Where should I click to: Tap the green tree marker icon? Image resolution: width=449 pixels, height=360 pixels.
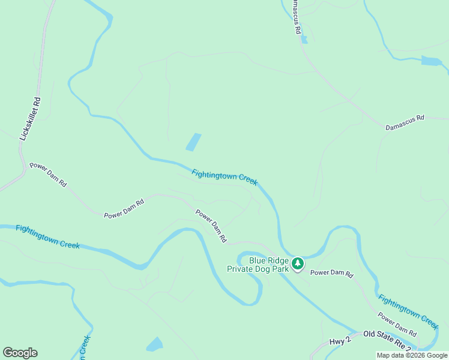[298, 263]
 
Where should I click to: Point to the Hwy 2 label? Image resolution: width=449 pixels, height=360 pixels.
[340, 341]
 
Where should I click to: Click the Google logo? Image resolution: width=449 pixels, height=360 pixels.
[20, 353]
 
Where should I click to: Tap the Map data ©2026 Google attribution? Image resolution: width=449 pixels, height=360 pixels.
[412, 355]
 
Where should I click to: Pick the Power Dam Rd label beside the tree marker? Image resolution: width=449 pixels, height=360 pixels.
[332, 273]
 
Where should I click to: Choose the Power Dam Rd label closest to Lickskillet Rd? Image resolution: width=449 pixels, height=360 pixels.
[48, 174]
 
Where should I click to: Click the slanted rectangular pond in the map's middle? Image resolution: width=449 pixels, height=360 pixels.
[193, 142]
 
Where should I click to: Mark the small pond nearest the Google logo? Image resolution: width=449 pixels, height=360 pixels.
[155, 344]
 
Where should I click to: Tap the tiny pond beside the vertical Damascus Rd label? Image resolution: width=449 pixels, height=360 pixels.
[304, 40]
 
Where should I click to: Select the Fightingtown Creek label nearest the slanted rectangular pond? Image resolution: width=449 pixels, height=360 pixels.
[224, 178]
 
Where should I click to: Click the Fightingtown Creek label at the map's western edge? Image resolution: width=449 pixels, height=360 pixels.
[48, 236]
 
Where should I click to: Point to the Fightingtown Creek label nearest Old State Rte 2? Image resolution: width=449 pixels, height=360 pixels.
[408, 311]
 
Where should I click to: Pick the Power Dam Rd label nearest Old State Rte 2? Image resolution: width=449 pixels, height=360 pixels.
[397, 324]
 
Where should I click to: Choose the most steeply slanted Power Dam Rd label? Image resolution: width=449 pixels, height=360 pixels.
[211, 225]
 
